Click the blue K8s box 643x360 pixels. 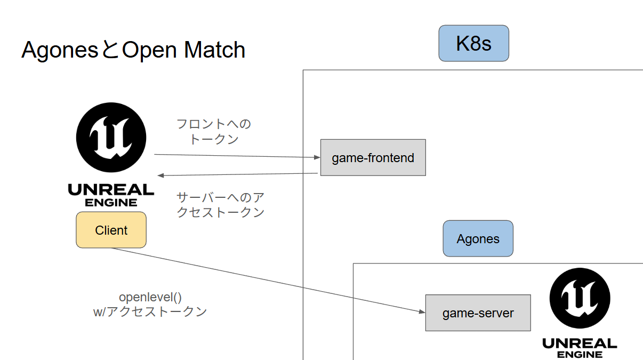(473, 43)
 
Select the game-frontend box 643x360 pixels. (373, 158)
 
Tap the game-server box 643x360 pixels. (478, 313)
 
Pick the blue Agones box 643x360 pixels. (478, 239)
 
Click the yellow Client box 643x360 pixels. (111, 230)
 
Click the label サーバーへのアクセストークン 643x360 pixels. (220, 205)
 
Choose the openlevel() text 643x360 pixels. (150, 297)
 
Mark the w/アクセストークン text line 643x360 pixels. (150, 312)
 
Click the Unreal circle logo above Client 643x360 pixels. (111, 137)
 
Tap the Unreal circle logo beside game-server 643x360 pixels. (580, 298)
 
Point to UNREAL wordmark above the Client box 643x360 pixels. (111, 189)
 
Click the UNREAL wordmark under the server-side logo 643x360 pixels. (580, 343)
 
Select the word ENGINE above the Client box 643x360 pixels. (111, 203)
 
